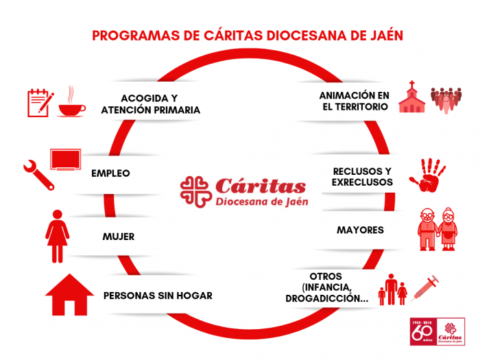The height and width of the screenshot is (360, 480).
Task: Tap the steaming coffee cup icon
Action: [x=71, y=103]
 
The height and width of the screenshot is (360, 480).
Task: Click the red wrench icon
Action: [x=38, y=174]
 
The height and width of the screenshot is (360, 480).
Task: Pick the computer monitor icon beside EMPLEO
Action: [x=66, y=159]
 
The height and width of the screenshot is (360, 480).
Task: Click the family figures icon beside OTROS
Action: [x=393, y=290]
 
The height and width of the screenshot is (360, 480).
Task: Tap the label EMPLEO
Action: [x=110, y=173]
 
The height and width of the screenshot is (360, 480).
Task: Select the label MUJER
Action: [x=118, y=237]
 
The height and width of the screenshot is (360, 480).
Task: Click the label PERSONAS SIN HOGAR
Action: [x=158, y=296]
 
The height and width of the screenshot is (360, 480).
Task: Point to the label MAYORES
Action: [x=360, y=230]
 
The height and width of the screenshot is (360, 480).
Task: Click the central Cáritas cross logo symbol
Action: [x=195, y=192]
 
